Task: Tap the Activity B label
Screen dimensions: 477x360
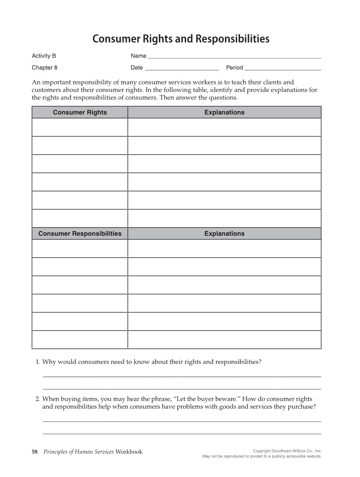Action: (x=44, y=56)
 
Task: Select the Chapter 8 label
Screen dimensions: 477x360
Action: (x=45, y=67)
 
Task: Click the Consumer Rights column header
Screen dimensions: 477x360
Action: (x=80, y=112)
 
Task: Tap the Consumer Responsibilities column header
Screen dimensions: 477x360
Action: (x=80, y=234)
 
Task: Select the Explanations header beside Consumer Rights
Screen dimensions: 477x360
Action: (x=224, y=112)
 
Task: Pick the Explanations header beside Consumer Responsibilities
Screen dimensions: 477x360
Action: (x=224, y=234)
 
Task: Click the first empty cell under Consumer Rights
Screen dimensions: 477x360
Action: (x=80, y=127)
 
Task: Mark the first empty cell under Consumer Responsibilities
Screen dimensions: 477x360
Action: (x=80, y=248)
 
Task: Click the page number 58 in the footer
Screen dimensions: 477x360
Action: (x=35, y=452)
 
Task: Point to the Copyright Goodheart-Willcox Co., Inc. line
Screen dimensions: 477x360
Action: (x=287, y=451)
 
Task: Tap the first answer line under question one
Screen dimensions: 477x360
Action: (x=182, y=376)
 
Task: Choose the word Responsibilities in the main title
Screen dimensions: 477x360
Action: (x=232, y=39)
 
